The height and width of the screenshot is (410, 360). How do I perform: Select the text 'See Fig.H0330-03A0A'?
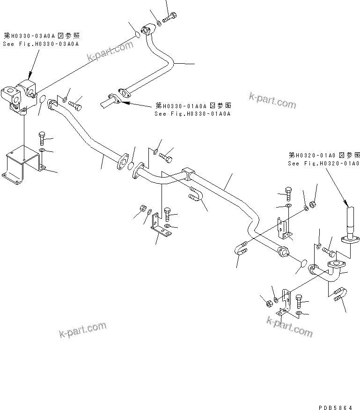(42, 44)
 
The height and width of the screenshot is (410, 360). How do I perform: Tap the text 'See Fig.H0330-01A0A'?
(193, 113)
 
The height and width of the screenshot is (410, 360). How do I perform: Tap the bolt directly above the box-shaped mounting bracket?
(42, 137)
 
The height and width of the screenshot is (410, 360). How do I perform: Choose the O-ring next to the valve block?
(42, 100)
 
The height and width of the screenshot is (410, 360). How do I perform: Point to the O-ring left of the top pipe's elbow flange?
(138, 34)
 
